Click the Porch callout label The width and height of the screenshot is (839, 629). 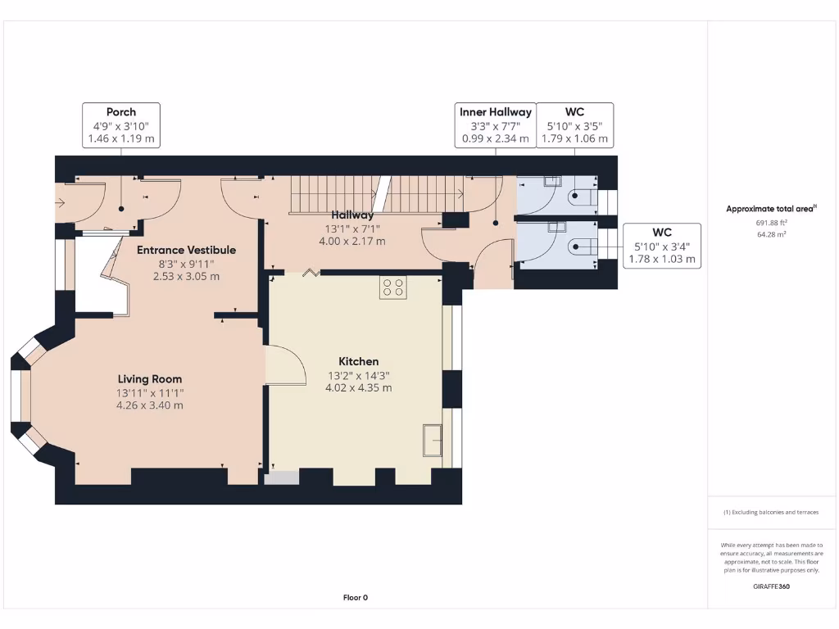[x=121, y=112]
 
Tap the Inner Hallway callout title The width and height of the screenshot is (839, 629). [x=496, y=112]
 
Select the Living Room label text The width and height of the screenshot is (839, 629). [x=150, y=379]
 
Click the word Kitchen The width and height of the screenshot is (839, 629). [x=359, y=361]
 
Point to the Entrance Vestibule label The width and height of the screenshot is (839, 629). [x=186, y=250]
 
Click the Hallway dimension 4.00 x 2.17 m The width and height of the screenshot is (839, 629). [x=352, y=242]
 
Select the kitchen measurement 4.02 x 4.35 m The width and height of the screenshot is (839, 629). [x=359, y=387]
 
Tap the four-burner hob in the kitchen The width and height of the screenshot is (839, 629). [x=393, y=287]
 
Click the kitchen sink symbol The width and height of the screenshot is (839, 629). [x=433, y=440]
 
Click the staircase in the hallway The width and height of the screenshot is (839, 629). [x=377, y=194]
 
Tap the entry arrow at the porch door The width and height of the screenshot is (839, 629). [x=59, y=203]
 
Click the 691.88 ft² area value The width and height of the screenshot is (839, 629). [x=772, y=223]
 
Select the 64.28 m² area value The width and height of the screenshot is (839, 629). [x=772, y=234]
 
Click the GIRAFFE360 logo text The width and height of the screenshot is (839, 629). [x=772, y=586]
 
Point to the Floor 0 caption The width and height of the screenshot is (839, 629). [x=356, y=597]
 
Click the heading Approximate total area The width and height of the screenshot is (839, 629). [x=769, y=209]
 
